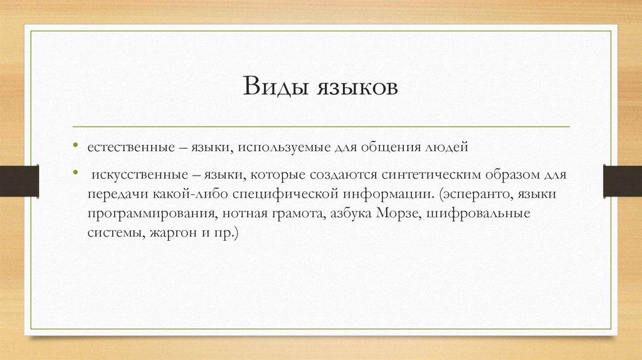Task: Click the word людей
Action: point(446,149)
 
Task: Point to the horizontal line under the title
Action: point(320,127)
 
